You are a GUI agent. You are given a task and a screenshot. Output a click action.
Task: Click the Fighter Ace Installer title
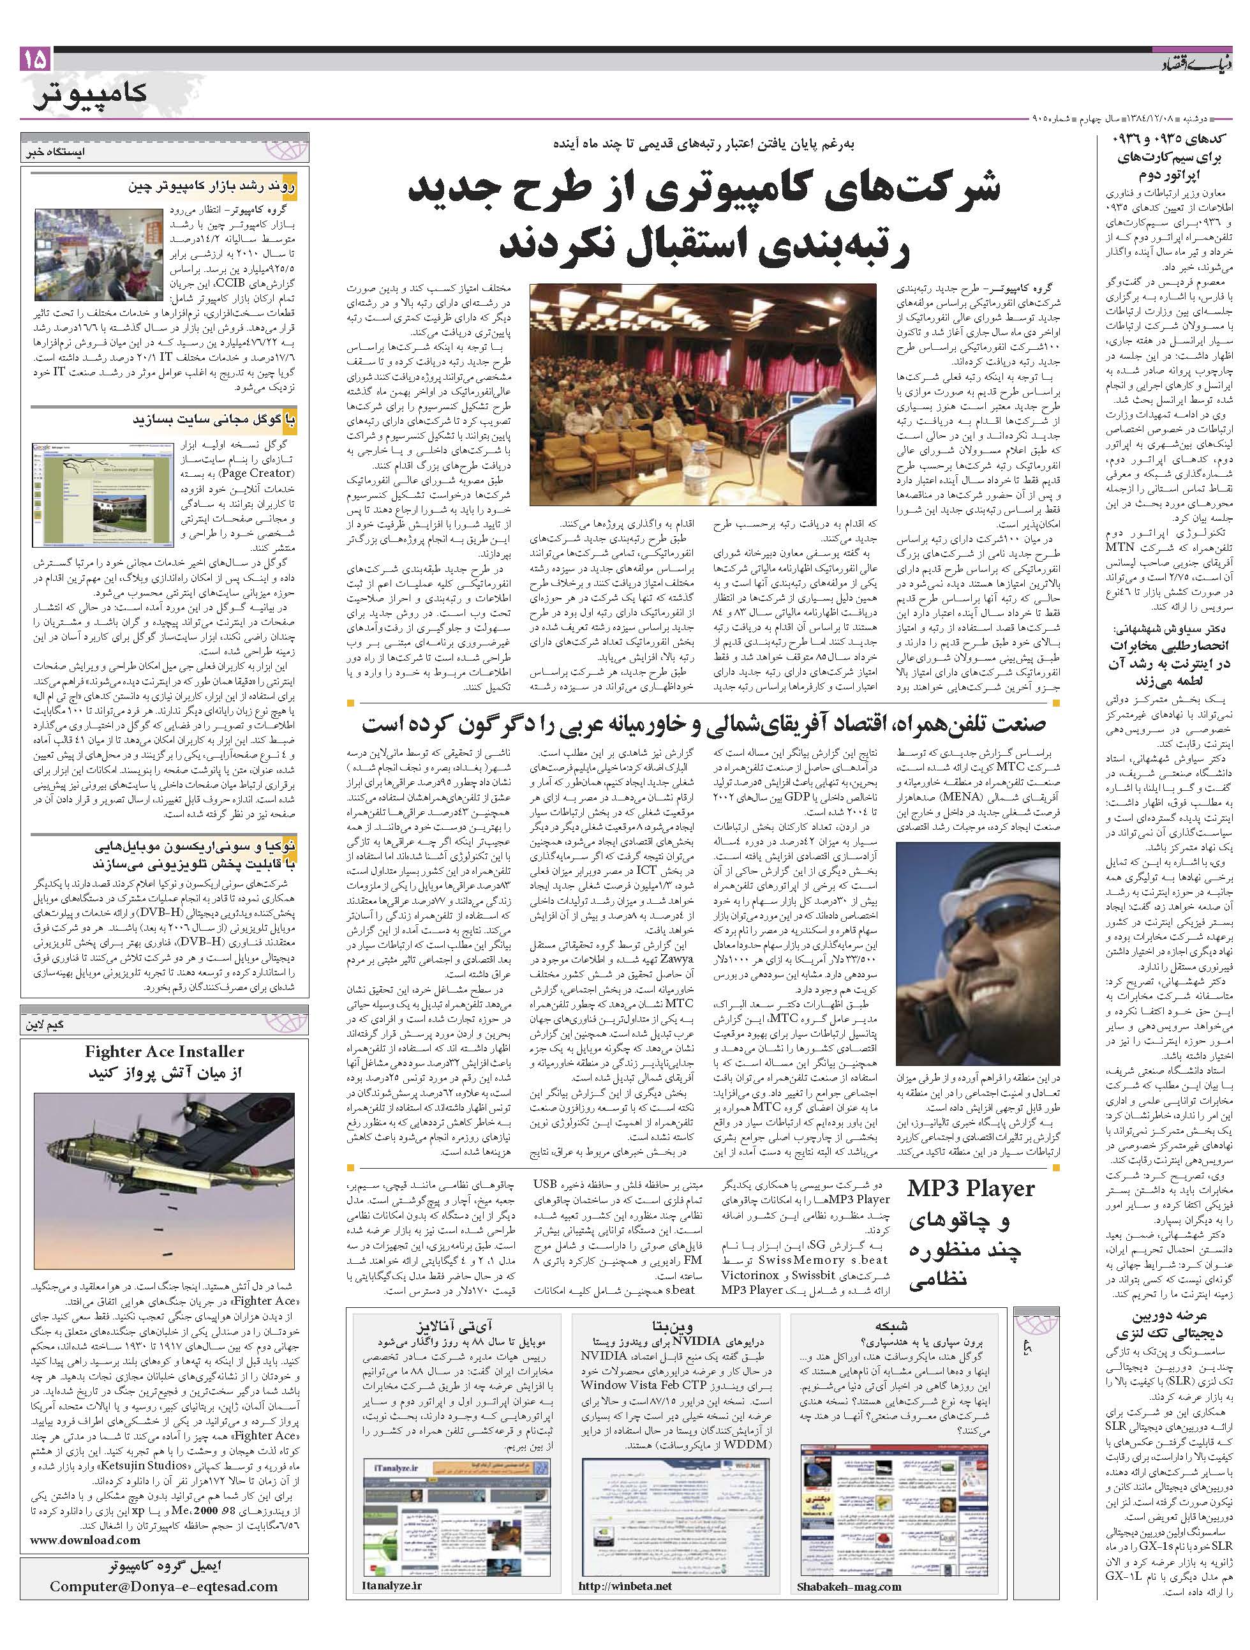tap(164, 1052)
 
